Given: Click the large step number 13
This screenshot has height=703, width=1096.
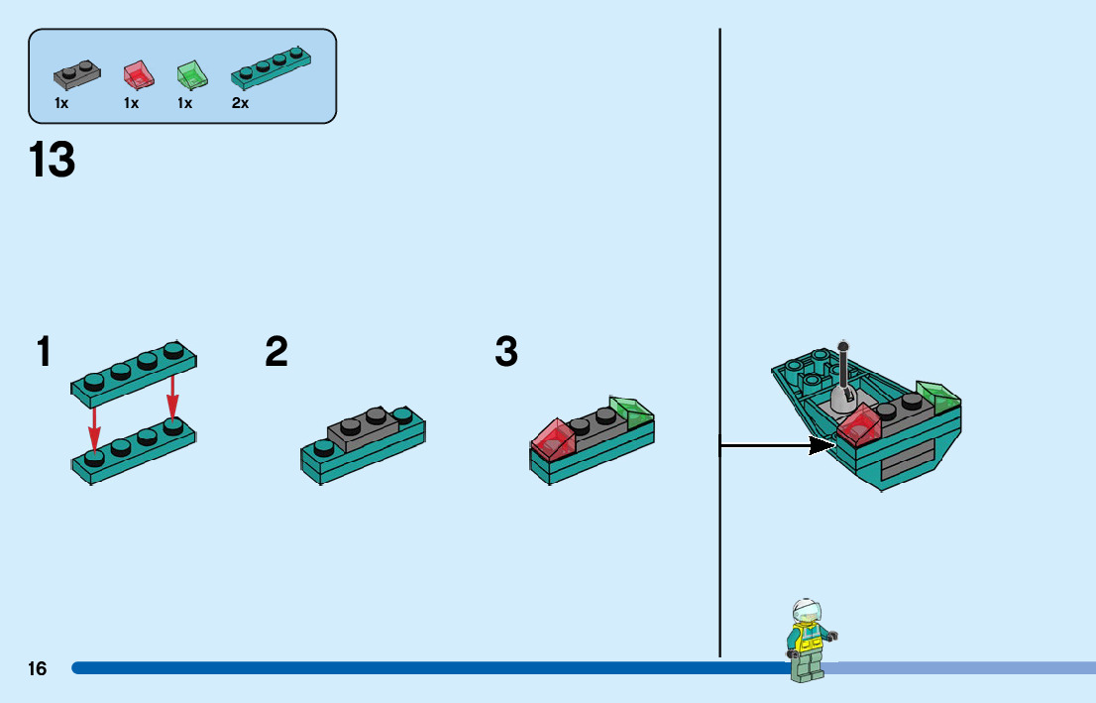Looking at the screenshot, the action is [x=53, y=161].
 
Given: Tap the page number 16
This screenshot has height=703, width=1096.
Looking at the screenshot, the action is [x=38, y=669].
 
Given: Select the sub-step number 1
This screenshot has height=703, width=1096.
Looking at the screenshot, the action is [x=44, y=352].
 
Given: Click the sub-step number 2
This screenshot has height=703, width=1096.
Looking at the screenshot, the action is [x=276, y=352].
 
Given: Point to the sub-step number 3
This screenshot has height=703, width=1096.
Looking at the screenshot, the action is [x=506, y=352].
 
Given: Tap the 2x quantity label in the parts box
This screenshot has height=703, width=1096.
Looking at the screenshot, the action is [x=241, y=103].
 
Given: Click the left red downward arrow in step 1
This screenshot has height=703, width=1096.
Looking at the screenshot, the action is [x=94, y=425].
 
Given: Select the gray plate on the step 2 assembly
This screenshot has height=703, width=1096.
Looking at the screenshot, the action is [x=364, y=426].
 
